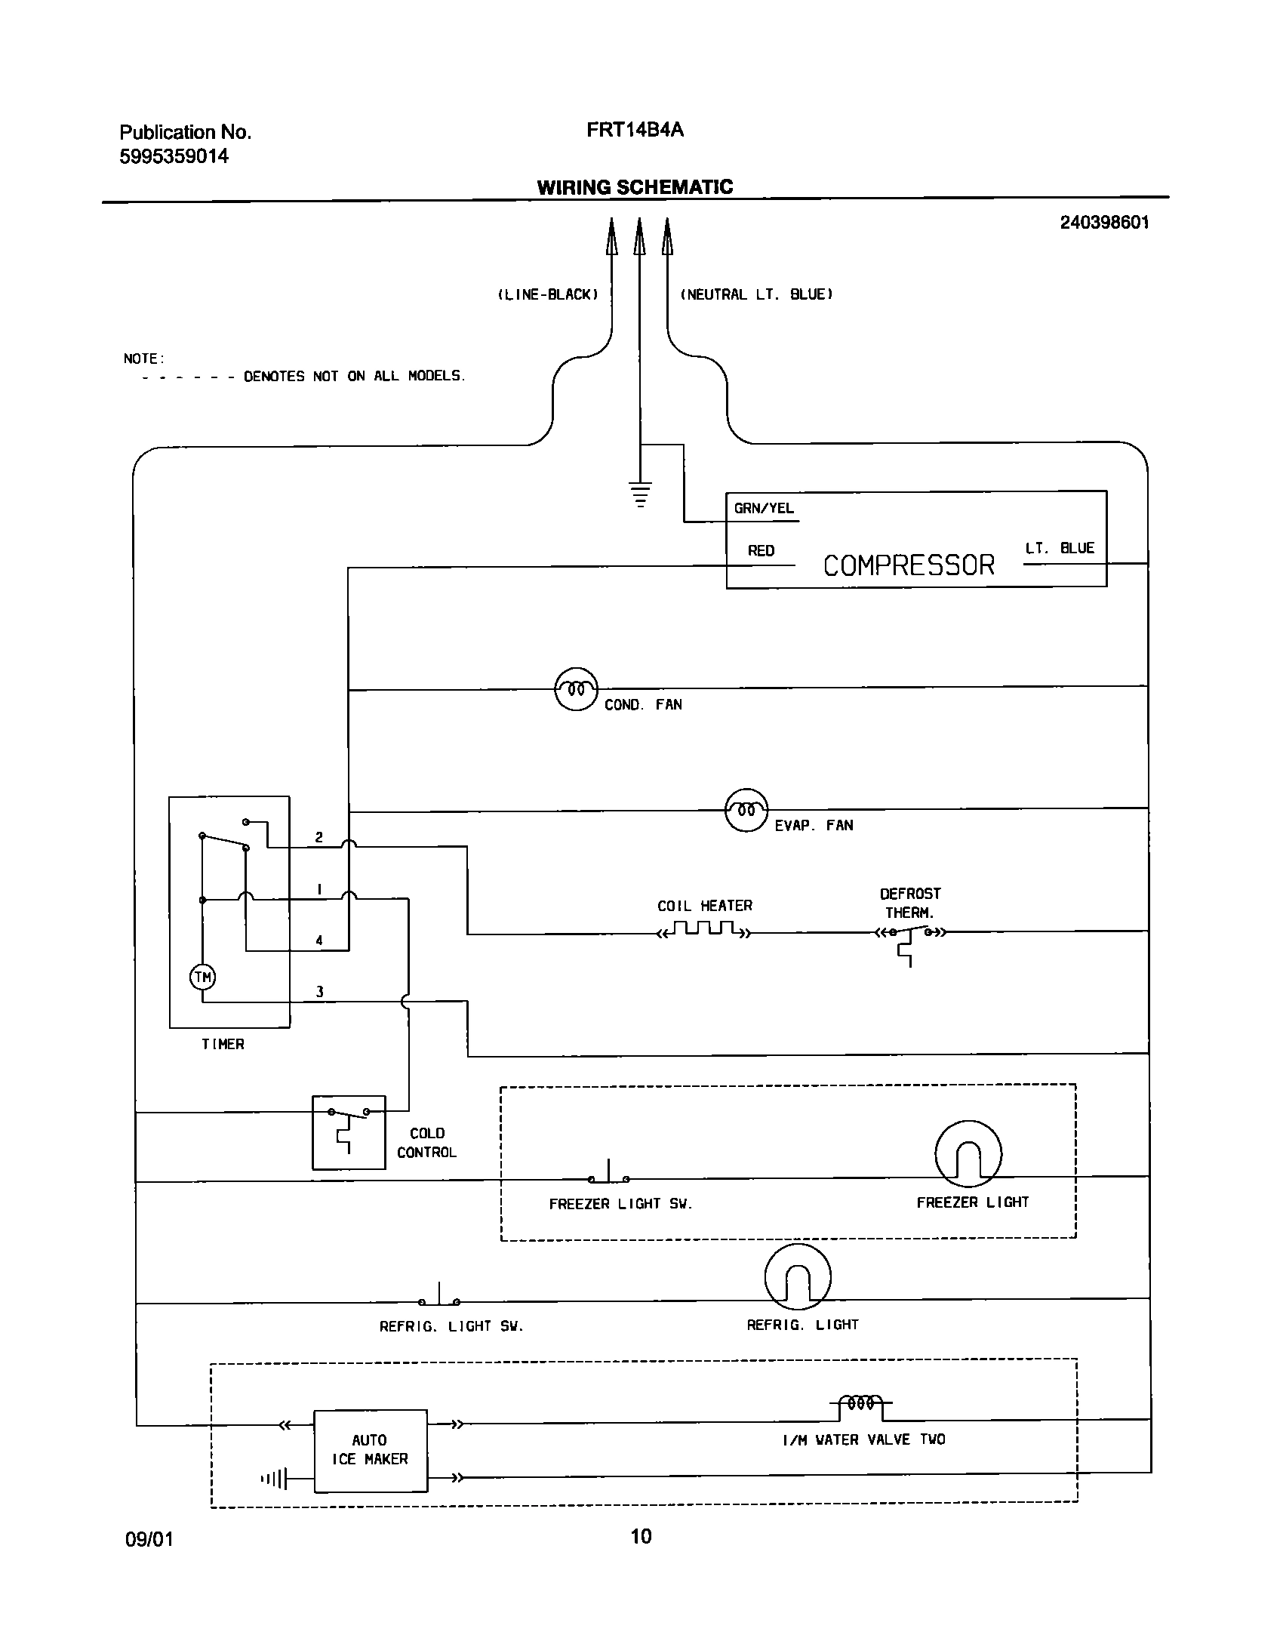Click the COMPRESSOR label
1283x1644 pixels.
click(x=909, y=565)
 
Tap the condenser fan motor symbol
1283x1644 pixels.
click(x=576, y=689)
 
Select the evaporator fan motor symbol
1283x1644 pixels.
click(x=746, y=810)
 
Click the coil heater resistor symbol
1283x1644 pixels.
click(x=705, y=929)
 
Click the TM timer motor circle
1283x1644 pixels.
click(x=202, y=977)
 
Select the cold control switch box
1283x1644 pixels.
click(x=349, y=1132)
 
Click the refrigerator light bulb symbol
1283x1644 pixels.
click(x=798, y=1276)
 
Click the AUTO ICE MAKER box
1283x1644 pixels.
click(x=371, y=1450)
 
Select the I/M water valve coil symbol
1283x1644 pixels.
click(x=860, y=1404)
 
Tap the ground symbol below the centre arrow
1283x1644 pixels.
click(x=640, y=493)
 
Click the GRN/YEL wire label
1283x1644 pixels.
click(x=764, y=509)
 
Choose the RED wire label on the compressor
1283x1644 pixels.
click(x=761, y=551)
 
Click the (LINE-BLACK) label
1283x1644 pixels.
click(x=548, y=295)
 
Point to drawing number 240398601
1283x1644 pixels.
click(x=1104, y=223)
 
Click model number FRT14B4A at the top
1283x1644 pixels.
click(x=635, y=130)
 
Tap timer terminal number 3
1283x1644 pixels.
click(x=319, y=992)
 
